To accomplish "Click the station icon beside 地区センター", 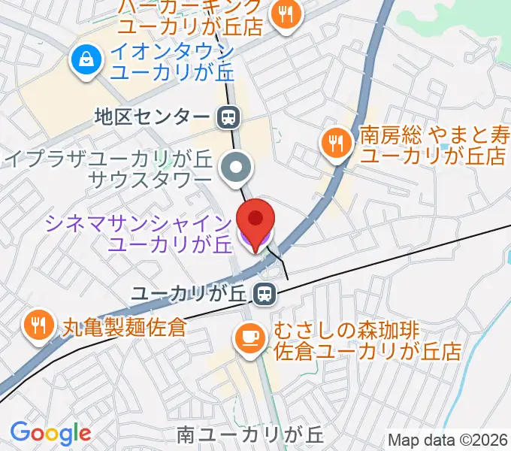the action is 228,117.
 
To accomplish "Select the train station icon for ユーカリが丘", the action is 263,294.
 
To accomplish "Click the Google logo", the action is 50,433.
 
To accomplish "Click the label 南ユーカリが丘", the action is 249,434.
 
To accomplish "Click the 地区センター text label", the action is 151,117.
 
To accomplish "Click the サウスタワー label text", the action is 150,180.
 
